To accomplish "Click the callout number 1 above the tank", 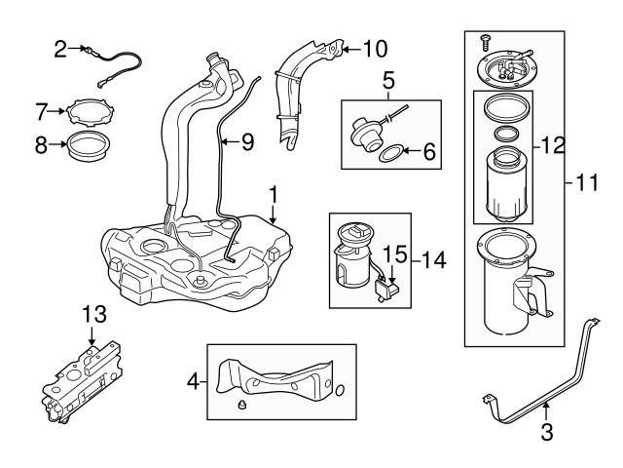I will [275, 192].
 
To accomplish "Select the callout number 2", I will [61, 48].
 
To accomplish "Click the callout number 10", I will [374, 46].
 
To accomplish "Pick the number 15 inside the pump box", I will [393, 255].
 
